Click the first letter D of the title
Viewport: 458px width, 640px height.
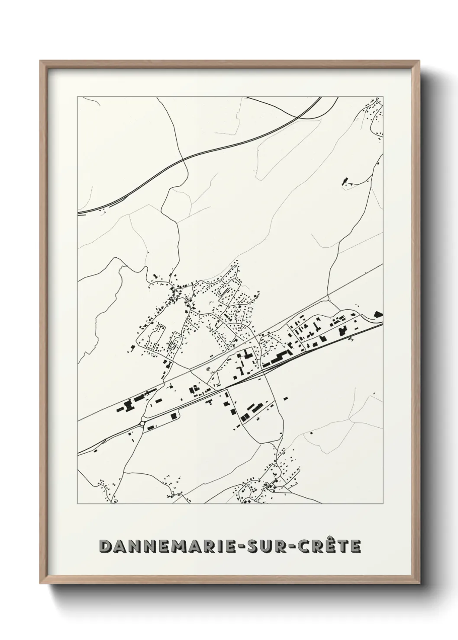click(105, 546)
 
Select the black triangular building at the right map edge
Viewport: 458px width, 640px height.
click(378, 314)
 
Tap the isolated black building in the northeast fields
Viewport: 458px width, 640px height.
click(345, 181)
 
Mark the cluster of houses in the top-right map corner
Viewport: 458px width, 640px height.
click(373, 111)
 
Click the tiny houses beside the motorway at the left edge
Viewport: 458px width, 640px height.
click(103, 211)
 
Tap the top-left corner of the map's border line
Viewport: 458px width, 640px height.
click(77, 96)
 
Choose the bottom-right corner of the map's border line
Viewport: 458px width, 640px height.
click(383, 504)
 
